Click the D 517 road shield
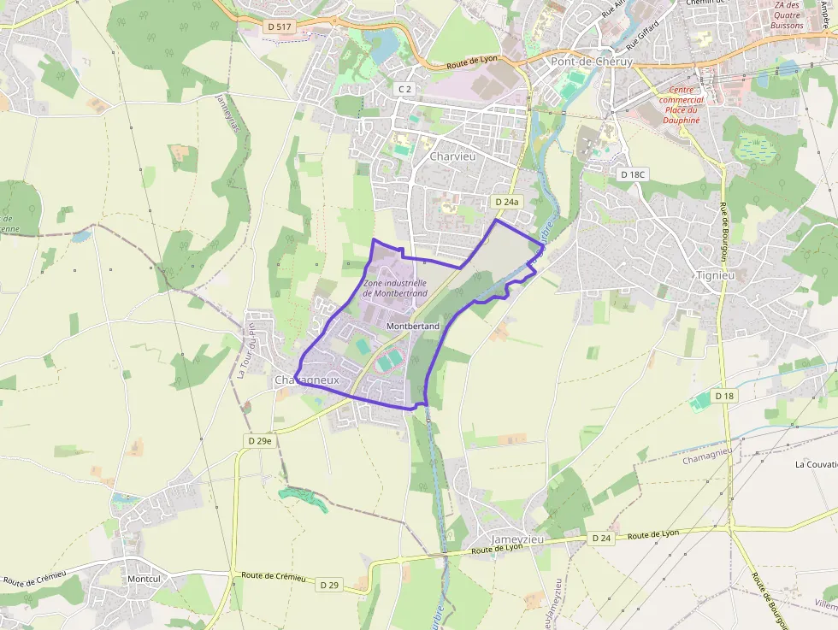click(x=280, y=27)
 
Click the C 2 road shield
click(x=404, y=89)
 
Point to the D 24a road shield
click(x=507, y=202)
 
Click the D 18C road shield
click(x=632, y=174)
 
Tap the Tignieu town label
click(x=717, y=275)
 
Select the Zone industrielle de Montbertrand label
click(x=395, y=288)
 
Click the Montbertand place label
click(x=413, y=327)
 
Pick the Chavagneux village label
click(x=307, y=380)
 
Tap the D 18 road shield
click(x=724, y=396)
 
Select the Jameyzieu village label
click(x=518, y=539)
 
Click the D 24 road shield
click(x=601, y=539)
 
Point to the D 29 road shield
click(x=329, y=586)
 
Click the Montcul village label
click(x=144, y=579)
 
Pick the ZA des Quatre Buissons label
click(x=788, y=15)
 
